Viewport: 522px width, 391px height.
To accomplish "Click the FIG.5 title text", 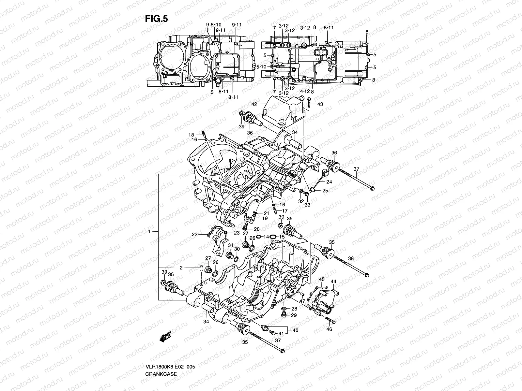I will pyautogui.click(x=156, y=19).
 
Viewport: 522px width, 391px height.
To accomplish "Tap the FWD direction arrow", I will pyautogui.click(x=165, y=338).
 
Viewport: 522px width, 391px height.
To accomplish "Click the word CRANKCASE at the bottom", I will pyautogui.click(x=161, y=355).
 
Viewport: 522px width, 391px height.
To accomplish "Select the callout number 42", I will pyautogui.click(x=254, y=104).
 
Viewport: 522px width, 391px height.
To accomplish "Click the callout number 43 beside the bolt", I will pyautogui.click(x=320, y=104).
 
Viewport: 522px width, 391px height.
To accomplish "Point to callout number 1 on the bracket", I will pyautogui.click(x=149, y=232).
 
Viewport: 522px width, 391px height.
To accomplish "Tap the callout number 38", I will pyautogui.click(x=351, y=259).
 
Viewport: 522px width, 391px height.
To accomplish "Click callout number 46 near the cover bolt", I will pyautogui.click(x=329, y=329).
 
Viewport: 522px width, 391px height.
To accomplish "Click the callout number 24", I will pyautogui.click(x=329, y=182).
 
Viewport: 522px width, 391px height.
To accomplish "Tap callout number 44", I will pyautogui.click(x=333, y=281).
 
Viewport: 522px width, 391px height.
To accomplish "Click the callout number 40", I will pyautogui.click(x=295, y=330).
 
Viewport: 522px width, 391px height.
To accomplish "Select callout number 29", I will pyautogui.click(x=294, y=315).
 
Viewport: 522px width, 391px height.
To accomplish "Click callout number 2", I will pyautogui.click(x=180, y=268).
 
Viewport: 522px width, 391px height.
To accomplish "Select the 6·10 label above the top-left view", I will pyautogui.click(x=216, y=25).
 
